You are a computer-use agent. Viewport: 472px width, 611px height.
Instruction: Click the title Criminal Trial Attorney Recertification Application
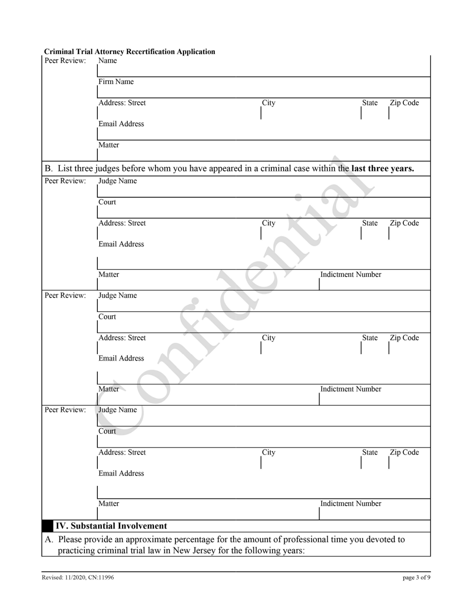click(129, 52)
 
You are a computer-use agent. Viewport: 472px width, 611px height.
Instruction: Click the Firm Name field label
click(116, 82)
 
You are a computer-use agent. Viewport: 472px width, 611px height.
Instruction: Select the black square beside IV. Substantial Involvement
click(48, 526)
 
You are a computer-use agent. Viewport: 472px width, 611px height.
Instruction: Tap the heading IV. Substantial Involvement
click(111, 526)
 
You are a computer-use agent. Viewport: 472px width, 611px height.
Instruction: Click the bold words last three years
click(382, 168)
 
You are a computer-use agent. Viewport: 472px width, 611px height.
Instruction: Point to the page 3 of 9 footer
click(416, 578)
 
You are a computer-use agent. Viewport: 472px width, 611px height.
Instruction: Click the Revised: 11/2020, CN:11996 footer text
click(78, 578)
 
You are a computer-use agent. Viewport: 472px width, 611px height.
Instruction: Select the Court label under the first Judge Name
click(107, 202)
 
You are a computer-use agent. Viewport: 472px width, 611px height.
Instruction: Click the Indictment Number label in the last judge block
click(350, 504)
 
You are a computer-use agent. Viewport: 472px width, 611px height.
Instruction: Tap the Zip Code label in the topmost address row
click(404, 103)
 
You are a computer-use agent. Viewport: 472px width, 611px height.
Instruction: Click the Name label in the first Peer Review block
click(108, 61)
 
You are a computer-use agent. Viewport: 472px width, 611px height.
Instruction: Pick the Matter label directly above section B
click(108, 145)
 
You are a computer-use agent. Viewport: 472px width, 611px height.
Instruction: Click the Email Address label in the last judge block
click(121, 473)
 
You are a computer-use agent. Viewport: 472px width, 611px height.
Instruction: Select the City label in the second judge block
click(269, 338)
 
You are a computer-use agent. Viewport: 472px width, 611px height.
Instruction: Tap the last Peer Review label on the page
click(65, 410)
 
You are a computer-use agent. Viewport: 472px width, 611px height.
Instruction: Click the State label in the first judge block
click(370, 223)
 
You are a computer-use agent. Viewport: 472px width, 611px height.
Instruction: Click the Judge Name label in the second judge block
click(117, 296)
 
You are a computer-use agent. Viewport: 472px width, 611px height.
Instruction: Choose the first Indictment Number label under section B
click(350, 275)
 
